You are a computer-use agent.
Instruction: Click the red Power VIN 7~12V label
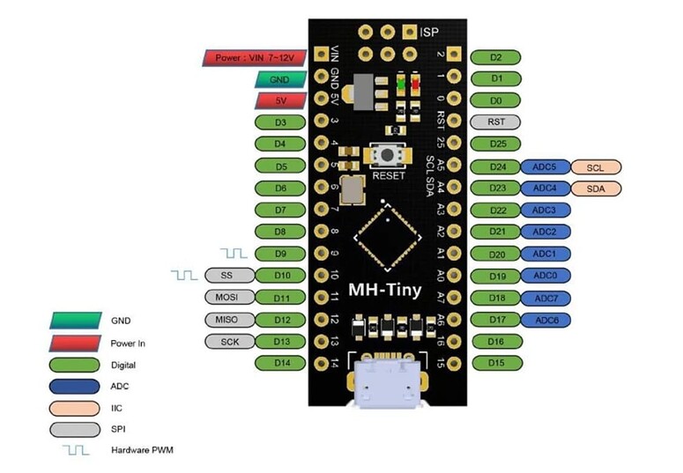click(255, 58)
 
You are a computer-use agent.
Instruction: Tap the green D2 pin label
click(496, 57)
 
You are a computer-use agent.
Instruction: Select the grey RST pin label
click(496, 122)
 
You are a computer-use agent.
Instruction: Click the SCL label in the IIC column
click(596, 166)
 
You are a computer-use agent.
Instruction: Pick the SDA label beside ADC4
click(596, 188)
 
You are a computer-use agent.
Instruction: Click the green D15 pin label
click(496, 363)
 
